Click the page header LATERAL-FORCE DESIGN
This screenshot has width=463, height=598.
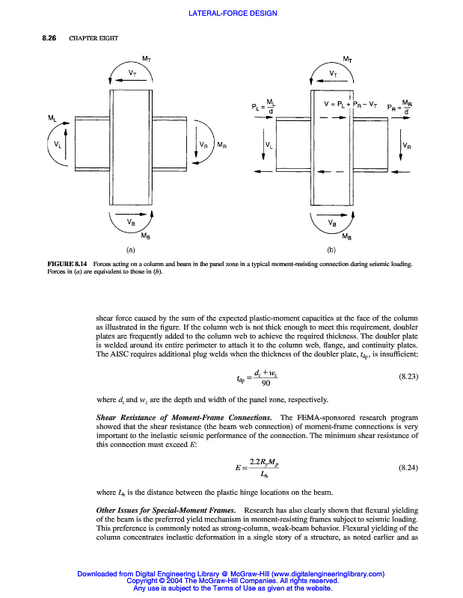click(233, 13)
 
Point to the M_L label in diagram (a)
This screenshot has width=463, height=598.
click(51, 118)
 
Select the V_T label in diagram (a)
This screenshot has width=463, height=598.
click(132, 73)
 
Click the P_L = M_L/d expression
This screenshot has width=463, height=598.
click(265, 107)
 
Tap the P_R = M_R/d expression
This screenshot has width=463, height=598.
click(399, 107)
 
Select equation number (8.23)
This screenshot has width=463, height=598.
click(405, 378)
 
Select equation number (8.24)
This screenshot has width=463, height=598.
click(405, 467)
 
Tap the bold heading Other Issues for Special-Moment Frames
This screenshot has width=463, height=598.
click(162, 510)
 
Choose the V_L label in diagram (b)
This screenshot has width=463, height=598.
click(269, 144)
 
